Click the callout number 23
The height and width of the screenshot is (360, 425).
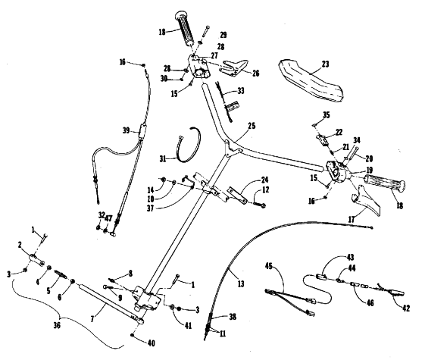coord(325,64)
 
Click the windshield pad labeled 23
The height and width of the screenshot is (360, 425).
coord(311,80)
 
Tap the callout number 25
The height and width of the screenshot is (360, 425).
coord(252,126)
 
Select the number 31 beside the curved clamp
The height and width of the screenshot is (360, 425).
coord(163,158)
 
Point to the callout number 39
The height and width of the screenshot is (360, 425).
coord(127,130)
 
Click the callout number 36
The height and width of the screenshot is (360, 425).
coord(57,325)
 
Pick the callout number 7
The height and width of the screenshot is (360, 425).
coord(92,319)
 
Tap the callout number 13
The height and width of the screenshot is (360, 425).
coord(241,283)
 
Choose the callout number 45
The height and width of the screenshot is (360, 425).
coord(269,266)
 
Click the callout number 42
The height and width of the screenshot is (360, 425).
coord(406,308)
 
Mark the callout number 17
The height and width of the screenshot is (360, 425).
coord(351,219)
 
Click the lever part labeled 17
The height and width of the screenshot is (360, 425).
coord(366,199)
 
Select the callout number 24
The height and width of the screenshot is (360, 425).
coord(264,180)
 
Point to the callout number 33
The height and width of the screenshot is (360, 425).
coord(240,90)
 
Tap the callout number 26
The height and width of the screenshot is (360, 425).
coord(255,73)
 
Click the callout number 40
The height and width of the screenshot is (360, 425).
coord(151,343)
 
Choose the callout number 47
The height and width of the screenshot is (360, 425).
coord(108,218)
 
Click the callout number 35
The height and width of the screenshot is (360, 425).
coord(327,115)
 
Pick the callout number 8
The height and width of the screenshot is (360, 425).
coord(130,274)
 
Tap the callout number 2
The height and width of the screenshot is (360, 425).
coord(20,245)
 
